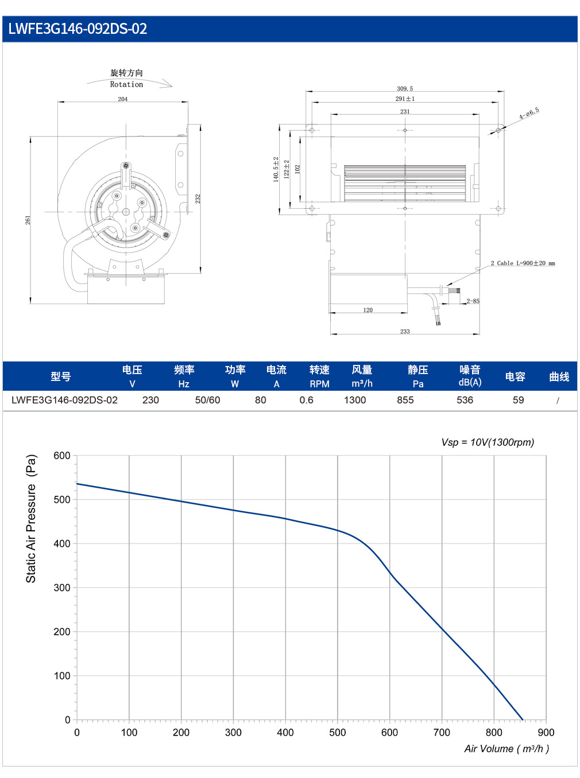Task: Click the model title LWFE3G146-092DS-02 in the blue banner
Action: [78, 29]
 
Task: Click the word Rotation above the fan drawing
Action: [126, 84]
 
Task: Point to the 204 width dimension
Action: [122, 99]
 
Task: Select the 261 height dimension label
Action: [28, 220]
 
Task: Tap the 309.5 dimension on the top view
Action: [405, 89]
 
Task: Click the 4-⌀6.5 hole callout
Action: [529, 113]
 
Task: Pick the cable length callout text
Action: [523, 263]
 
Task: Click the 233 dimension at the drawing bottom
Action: [405, 331]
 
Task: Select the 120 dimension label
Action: [368, 310]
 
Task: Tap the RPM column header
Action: [319, 384]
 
